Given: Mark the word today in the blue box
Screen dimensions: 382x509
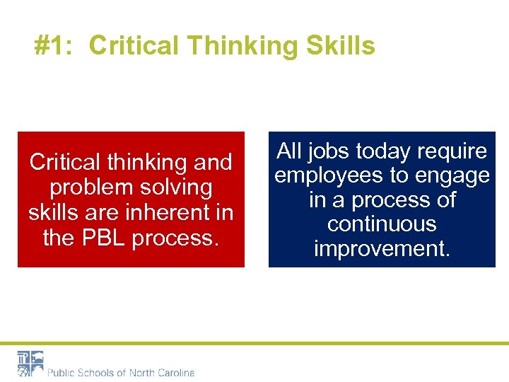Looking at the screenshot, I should click(387, 151).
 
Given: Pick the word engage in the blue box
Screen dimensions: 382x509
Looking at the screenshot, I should click(452, 175).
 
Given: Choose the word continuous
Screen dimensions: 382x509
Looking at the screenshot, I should click(382, 224).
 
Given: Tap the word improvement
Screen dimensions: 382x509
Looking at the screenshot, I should click(382, 249).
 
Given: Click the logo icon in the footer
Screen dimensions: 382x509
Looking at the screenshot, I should click(30, 363).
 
